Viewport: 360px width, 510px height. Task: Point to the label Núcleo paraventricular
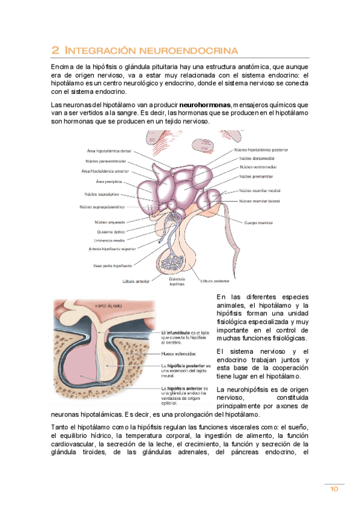tap(106, 161)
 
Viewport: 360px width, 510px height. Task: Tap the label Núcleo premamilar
tap(257, 176)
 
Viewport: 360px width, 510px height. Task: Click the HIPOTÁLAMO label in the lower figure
tap(109, 306)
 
